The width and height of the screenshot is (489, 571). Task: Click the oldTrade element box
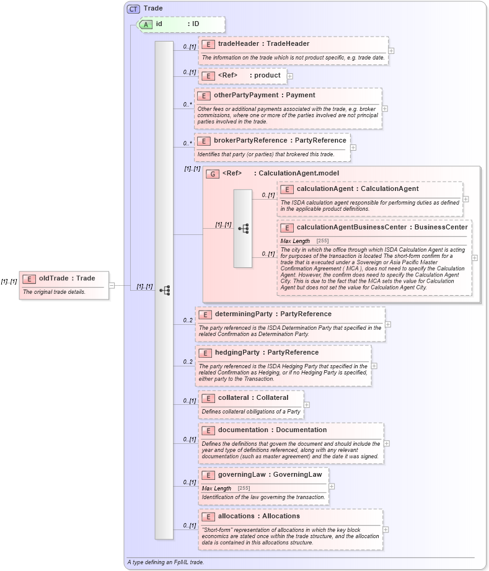[x=64, y=285]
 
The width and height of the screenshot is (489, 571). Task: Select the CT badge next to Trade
[x=133, y=9]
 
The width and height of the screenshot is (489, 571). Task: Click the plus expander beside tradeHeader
[x=391, y=51]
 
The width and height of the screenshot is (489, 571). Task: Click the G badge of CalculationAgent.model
[x=213, y=174]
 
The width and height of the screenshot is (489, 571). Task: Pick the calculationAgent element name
[x=357, y=189]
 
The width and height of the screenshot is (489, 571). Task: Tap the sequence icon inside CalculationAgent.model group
[x=243, y=228]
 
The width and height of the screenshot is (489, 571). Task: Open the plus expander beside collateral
[x=307, y=405]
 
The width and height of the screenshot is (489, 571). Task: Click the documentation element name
[x=272, y=430]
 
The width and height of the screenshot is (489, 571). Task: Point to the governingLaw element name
[x=270, y=475]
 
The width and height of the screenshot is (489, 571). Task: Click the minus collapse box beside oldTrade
[x=112, y=285]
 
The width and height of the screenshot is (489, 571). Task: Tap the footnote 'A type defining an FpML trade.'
[x=165, y=562]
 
